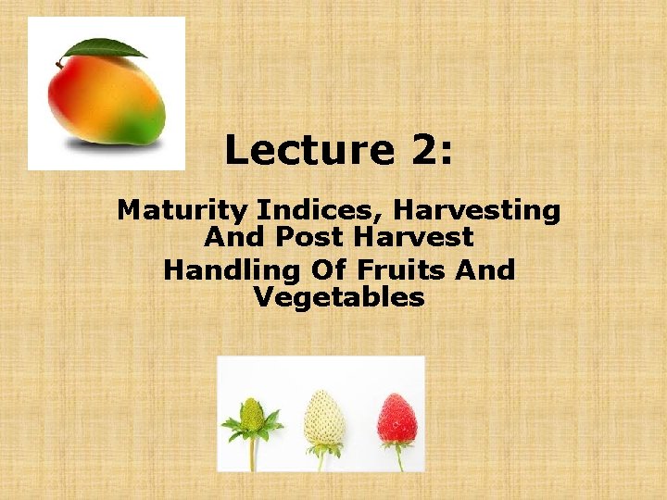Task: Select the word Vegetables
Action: (x=338, y=297)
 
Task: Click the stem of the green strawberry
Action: (x=251, y=455)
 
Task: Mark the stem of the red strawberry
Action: (x=398, y=456)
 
